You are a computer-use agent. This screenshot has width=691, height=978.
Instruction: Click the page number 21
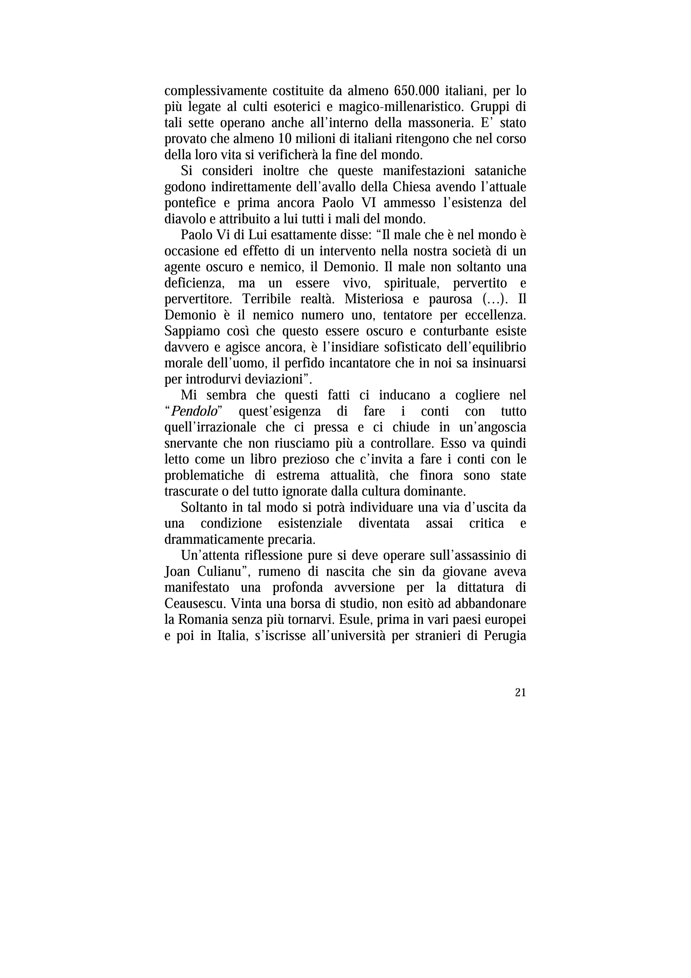(x=520, y=692)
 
